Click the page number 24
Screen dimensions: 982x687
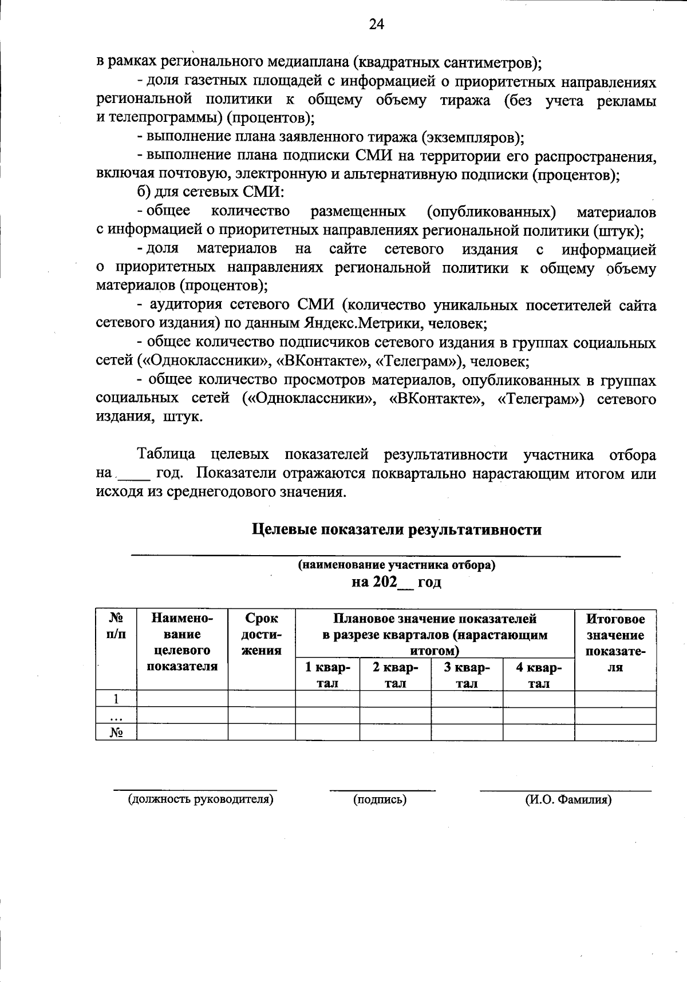pos(377,24)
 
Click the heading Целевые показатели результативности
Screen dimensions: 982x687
pos(397,529)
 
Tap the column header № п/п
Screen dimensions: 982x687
pos(116,626)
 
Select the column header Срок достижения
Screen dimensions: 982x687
pos(261,634)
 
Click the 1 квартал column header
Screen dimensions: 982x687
pos(327,675)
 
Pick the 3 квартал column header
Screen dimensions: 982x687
pos(467,675)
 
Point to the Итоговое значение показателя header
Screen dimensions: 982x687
pos(615,643)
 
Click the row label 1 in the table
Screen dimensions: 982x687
pos(116,699)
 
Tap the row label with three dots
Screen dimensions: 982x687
pos(116,716)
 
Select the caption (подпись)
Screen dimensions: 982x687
pos(380,799)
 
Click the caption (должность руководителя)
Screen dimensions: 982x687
pos(200,799)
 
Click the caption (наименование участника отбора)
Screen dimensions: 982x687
pos(396,565)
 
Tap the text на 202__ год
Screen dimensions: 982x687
pos(396,583)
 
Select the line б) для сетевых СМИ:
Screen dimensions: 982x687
pos(210,192)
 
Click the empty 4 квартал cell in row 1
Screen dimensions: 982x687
pos(538,699)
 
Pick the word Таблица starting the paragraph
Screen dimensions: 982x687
pos(166,455)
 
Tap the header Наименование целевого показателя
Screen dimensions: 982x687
pos(182,642)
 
